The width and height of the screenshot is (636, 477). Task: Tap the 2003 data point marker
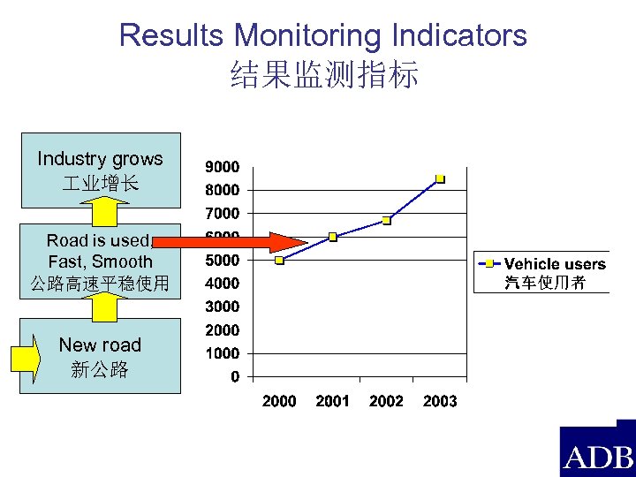(440, 179)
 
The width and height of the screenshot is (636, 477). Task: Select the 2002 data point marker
(387, 220)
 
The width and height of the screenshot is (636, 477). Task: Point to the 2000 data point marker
(279, 261)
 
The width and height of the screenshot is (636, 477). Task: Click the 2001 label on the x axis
(333, 401)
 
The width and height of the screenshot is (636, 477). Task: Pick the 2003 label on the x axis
(440, 401)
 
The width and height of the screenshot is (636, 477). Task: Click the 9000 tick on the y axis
(222, 167)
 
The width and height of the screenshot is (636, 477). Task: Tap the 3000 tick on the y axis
(222, 307)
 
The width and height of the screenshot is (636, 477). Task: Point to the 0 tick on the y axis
(234, 377)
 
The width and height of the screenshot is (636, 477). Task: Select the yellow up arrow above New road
(107, 306)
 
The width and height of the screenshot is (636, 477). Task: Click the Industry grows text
(100, 159)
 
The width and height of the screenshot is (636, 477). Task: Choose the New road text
(100, 344)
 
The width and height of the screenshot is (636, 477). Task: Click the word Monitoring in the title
(308, 35)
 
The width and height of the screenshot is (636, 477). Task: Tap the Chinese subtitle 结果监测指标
(323, 75)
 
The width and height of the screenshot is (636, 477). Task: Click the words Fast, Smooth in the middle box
(100, 261)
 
